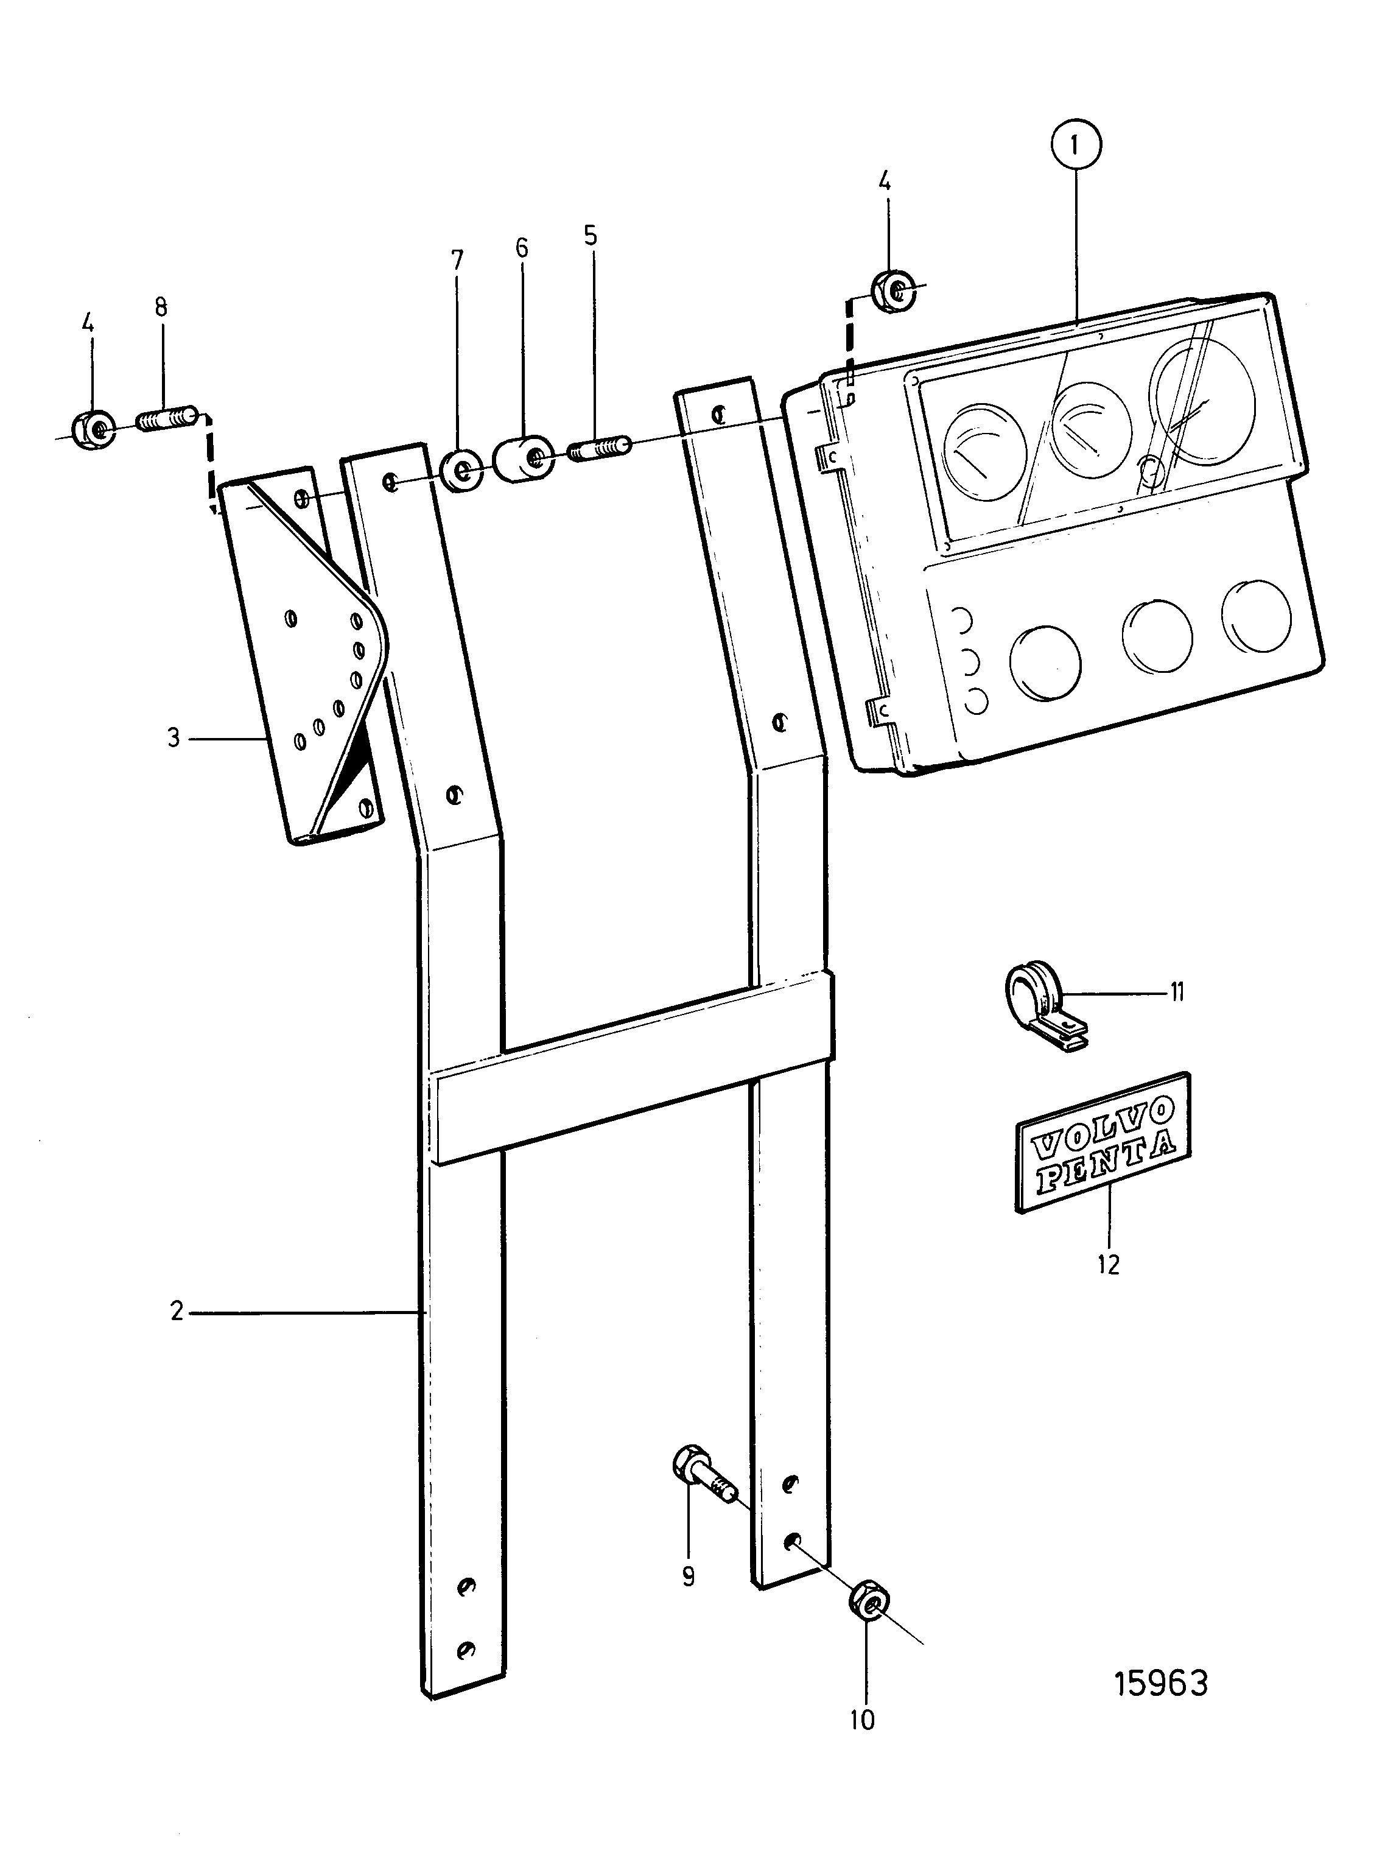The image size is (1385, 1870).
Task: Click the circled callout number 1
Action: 1074,146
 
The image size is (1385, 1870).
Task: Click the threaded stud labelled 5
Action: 600,447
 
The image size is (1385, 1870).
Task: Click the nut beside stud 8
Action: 95,429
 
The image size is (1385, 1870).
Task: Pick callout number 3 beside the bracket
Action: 174,738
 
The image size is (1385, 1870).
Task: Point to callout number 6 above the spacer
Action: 522,247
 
